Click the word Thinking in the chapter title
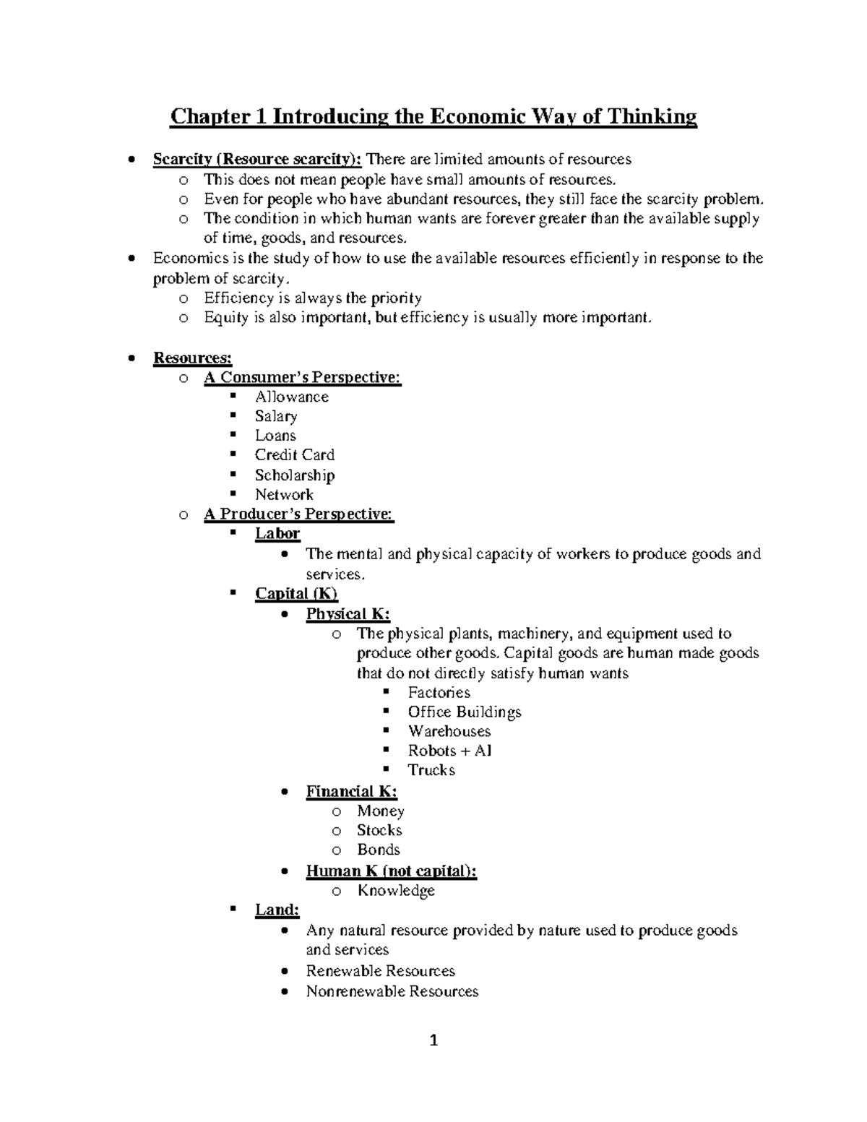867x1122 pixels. (652, 116)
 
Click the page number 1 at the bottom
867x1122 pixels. (433, 1040)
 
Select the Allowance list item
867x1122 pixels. (291, 397)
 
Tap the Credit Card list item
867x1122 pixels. (294, 455)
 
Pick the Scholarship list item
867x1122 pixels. (294, 475)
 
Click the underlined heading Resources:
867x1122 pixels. (192, 358)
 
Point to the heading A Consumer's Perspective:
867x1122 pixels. (302, 377)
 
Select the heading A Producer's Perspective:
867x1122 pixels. (298, 514)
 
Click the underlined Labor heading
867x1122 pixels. (277, 533)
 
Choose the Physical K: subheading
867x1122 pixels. (348, 614)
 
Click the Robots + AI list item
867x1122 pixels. (449, 751)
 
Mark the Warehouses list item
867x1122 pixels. (449, 731)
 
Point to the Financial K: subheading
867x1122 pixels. (351, 791)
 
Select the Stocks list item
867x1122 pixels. (379, 831)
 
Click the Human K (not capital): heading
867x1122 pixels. (391, 871)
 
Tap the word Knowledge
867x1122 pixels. (396, 891)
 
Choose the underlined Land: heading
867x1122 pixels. (277, 910)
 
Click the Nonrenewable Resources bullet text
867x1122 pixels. (392, 991)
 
